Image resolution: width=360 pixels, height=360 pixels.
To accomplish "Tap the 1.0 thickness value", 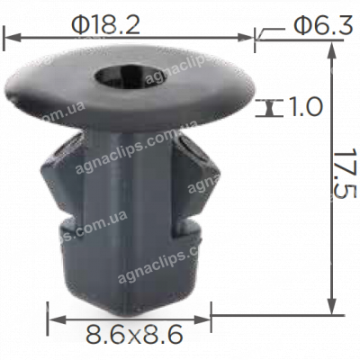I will (x=306, y=108).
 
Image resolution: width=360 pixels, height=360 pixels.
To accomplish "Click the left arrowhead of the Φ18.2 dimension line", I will (x=11, y=38).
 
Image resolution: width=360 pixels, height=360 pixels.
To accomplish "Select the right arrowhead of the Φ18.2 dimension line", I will (x=249, y=38).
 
